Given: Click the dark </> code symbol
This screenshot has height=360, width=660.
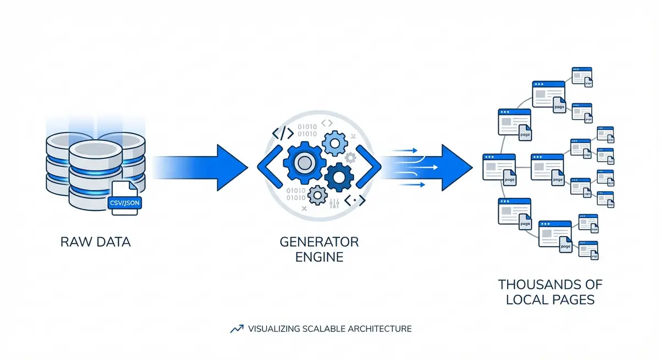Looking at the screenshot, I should pos(283,133).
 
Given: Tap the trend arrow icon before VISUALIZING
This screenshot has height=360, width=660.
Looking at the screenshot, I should pos(237,329).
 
